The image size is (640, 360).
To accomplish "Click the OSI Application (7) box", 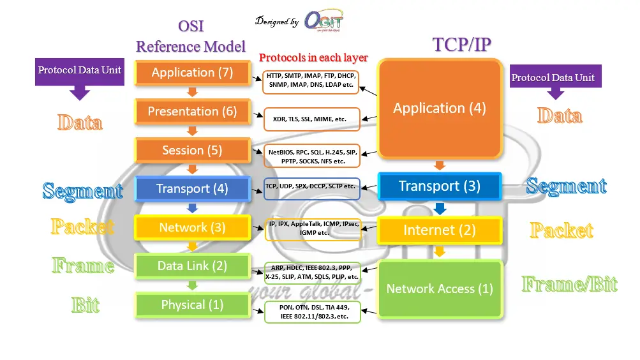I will pyautogui.click(x=192, y=73).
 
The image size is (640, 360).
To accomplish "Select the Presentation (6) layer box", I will pyautogui.click(x=192, y=112).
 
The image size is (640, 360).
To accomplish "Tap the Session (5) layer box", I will pyautogui.click(x=192, y=151).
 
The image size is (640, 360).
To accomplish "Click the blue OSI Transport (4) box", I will pyautogui.click(x=192, y=189).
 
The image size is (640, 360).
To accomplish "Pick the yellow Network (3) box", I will pyautogui.click(x=192, y=228).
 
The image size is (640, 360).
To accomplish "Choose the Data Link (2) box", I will pyautogui.click(x=192, y=266).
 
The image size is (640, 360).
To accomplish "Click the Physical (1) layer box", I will pyautogui.click(x=192, y=305).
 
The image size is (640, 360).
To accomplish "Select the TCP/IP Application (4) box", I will pyautogui.click(x=439, y=109).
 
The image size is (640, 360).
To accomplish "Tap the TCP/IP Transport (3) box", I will pyautogui.click(x=439, y=186).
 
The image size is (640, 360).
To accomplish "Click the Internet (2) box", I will pyautogui.click(x=439, y=230).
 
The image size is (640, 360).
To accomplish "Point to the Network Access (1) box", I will pyautogui.click(x=439, y=289).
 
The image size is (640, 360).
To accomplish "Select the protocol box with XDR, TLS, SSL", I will pyautogui.click(x=312, y=119).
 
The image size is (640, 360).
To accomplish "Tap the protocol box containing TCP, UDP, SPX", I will pyautogui.click(x=312, y=187).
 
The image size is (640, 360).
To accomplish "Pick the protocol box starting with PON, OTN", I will pyautogui.click(x=312, y=312).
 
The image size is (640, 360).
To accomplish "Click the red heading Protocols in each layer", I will pyautogui.click(x=313, y=57).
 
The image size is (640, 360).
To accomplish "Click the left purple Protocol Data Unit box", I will pyautogui.click(x=79, y=70).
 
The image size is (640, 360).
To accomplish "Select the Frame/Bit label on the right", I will pyautogui.click(x=569, y=284).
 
